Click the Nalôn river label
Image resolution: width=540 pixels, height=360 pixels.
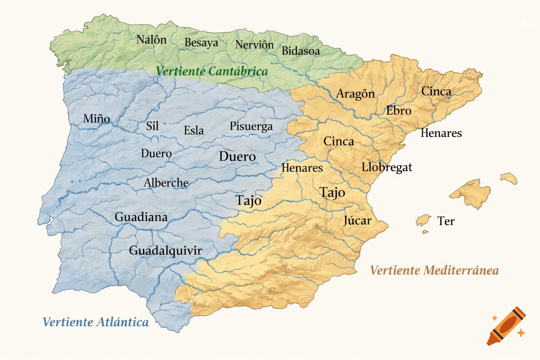tap(152, 39)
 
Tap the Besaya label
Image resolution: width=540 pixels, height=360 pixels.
tap(201, 43)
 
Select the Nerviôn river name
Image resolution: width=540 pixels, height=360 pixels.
tap(254, 45)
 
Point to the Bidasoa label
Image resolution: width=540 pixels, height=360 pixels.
tap(301, 51)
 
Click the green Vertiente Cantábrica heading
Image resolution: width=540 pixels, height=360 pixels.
tap(212, 71)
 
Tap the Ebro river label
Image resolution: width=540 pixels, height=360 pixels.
tap(399, 111)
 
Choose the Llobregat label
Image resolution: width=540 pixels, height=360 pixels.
tap(387, 167)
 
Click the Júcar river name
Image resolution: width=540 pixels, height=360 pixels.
tap(357, 220)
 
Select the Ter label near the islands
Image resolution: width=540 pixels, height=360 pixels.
tap(446, 221)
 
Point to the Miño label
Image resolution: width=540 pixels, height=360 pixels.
tap(96, 118)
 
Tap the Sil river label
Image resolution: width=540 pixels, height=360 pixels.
tap(152, 126)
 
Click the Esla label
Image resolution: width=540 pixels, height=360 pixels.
tap(194, 130)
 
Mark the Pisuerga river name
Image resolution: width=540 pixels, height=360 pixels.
tap(251, 126)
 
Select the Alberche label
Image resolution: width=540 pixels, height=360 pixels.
tap(166, 183)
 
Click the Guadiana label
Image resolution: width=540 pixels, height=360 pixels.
tap(141, 217)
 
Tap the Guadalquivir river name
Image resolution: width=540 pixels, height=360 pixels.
tap(165, 251)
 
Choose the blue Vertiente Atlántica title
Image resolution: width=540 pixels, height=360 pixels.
tap(96, 322)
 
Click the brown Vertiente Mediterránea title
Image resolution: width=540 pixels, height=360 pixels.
tap(435, 270)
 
